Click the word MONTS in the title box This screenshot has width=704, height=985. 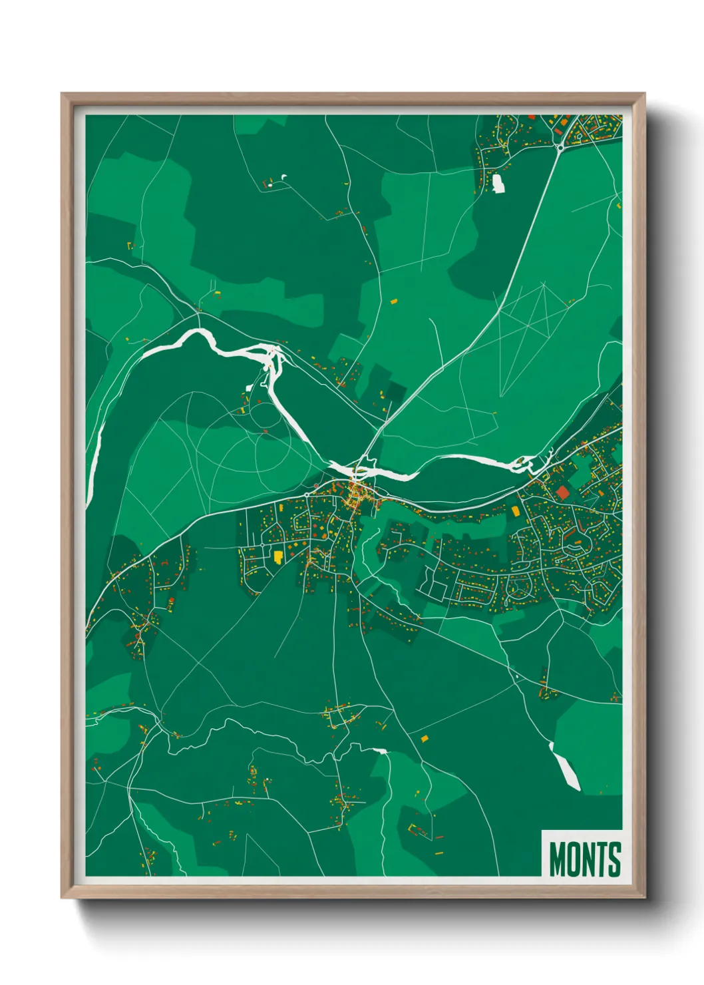click(584, 859)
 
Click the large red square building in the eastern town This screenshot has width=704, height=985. click(564, 493)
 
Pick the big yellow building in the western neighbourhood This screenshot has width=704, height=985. click(278, 556)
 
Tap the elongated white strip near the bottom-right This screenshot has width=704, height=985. click(565, 767)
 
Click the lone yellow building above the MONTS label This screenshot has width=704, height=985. click(425, 738)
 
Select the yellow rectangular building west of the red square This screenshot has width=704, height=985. click(516, 511)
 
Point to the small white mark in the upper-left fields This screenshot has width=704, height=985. click(285, 176)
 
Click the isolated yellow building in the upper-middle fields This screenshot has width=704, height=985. click(393, 301)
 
